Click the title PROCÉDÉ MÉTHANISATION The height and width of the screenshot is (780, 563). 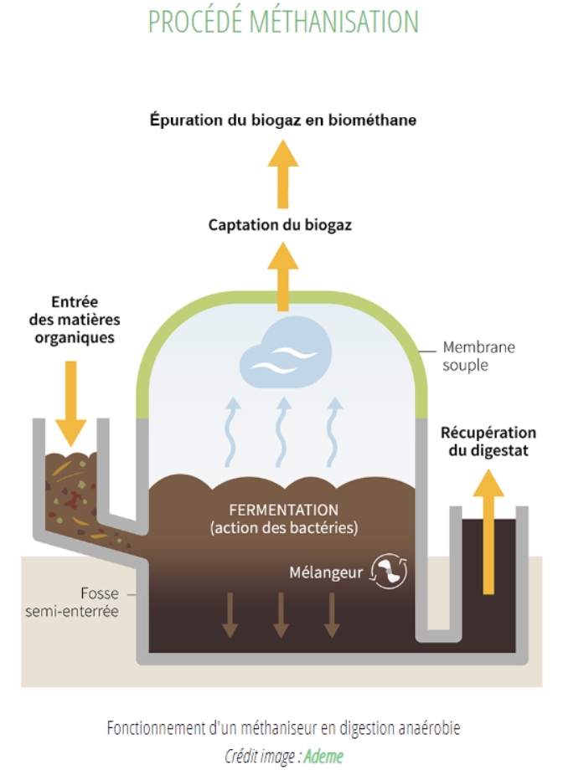coord(282,22)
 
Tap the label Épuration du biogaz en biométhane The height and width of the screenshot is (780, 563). coord(282,120)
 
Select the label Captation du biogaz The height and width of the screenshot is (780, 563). coord(280,225)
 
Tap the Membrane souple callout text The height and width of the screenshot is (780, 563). coord(478,355)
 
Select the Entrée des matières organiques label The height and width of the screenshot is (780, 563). coord(85,320)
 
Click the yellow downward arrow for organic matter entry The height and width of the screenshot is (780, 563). coord(70,400)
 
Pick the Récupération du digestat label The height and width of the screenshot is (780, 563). coord(488,442)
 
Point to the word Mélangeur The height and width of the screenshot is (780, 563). coord(325,573)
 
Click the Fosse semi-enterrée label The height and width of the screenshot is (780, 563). coord(99,602)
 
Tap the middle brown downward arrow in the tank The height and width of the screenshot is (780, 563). coord(281,614)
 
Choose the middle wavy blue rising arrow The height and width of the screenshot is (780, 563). coord(283,431)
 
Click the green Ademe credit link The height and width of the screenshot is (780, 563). coord(323,756)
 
